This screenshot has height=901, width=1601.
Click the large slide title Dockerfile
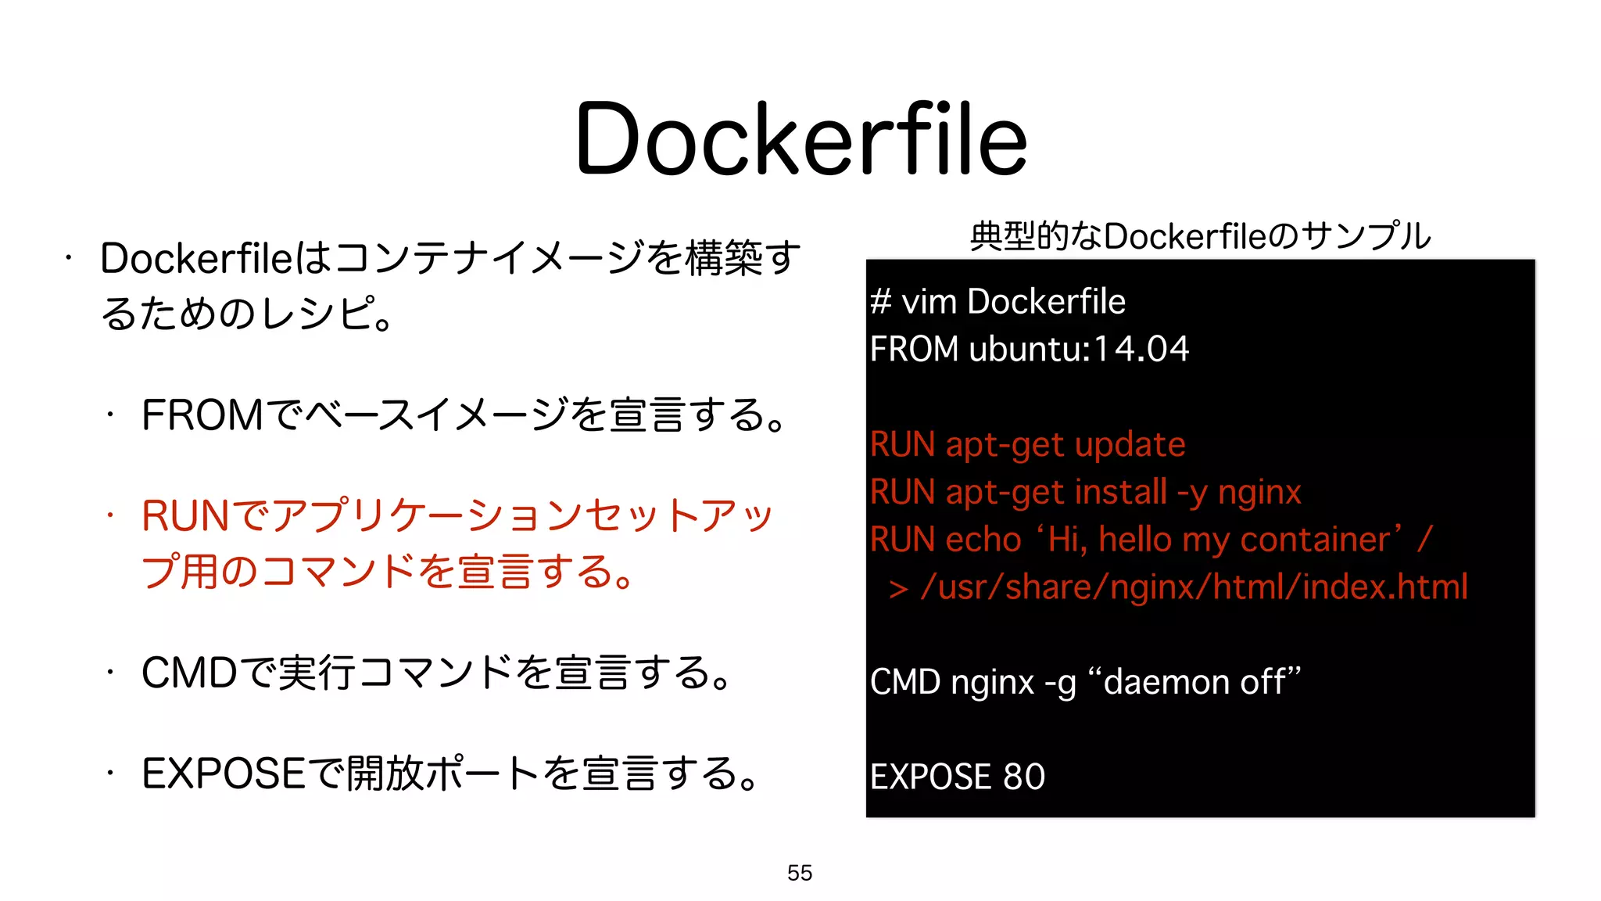point(800,139)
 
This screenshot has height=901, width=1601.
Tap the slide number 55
point(800,873)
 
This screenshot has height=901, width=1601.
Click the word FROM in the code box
point(914,349)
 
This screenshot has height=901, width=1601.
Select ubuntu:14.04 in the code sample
point(1079,349)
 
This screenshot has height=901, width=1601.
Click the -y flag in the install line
point(1193,493)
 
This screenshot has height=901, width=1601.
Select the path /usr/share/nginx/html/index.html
point(1194,587)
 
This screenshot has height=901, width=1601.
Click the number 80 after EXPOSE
point(1024,777)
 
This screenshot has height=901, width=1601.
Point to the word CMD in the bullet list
point(189,673)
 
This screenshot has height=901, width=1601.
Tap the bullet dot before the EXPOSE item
point(111,774)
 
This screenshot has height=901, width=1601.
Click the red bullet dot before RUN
point(111,515)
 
